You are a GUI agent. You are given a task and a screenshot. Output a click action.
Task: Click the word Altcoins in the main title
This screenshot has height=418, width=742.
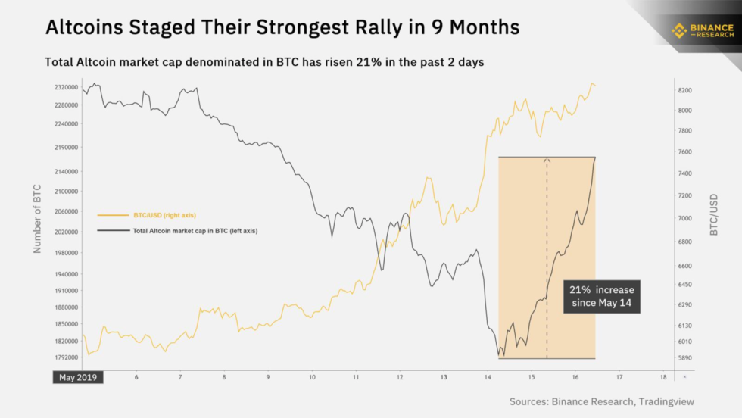(86, 28)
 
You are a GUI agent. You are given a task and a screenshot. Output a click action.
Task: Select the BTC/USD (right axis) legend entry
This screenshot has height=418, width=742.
(165, 215)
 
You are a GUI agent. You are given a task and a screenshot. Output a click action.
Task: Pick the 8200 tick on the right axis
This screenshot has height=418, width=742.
(685, 90)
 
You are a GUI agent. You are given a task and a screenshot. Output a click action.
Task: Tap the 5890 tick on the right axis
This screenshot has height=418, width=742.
(685, 357)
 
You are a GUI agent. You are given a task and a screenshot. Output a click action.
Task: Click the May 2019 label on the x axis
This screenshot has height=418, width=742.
(78, 377)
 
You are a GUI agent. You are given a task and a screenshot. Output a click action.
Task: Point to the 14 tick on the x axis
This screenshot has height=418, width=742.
(488, 377)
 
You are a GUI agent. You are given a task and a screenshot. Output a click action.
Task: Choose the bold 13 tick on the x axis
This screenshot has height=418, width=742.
(444, 377)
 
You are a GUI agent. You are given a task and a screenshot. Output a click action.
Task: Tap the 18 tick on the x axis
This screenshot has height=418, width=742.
(663, 377)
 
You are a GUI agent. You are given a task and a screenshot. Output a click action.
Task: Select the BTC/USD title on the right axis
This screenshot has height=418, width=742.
(714, 214)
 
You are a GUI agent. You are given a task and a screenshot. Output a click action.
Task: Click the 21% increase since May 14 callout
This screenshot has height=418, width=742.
(602, 298)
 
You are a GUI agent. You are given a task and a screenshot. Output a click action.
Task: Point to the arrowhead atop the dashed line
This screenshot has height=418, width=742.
(547, 159)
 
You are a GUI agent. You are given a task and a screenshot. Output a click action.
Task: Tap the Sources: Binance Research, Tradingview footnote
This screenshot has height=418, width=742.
(602, 401)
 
